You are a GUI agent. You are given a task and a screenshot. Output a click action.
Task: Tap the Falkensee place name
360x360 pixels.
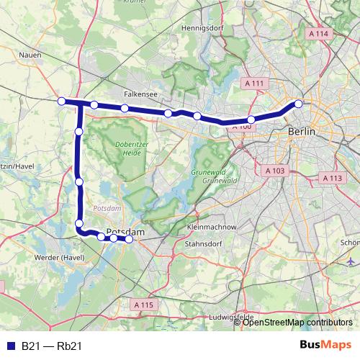tap(136, 94)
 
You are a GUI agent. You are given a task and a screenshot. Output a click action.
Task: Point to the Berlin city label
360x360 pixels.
tap(302, 132)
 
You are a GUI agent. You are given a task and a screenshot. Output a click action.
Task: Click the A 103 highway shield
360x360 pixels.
tap(274, 171)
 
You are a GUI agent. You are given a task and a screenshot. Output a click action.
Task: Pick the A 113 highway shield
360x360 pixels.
tap(332, 178)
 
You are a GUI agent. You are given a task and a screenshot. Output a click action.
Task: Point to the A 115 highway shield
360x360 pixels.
tap(144, 305)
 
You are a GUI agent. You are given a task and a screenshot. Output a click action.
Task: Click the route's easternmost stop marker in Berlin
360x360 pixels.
tap(298, 104)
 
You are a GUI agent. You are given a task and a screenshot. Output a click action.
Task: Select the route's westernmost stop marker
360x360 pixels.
tap(62, 101)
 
